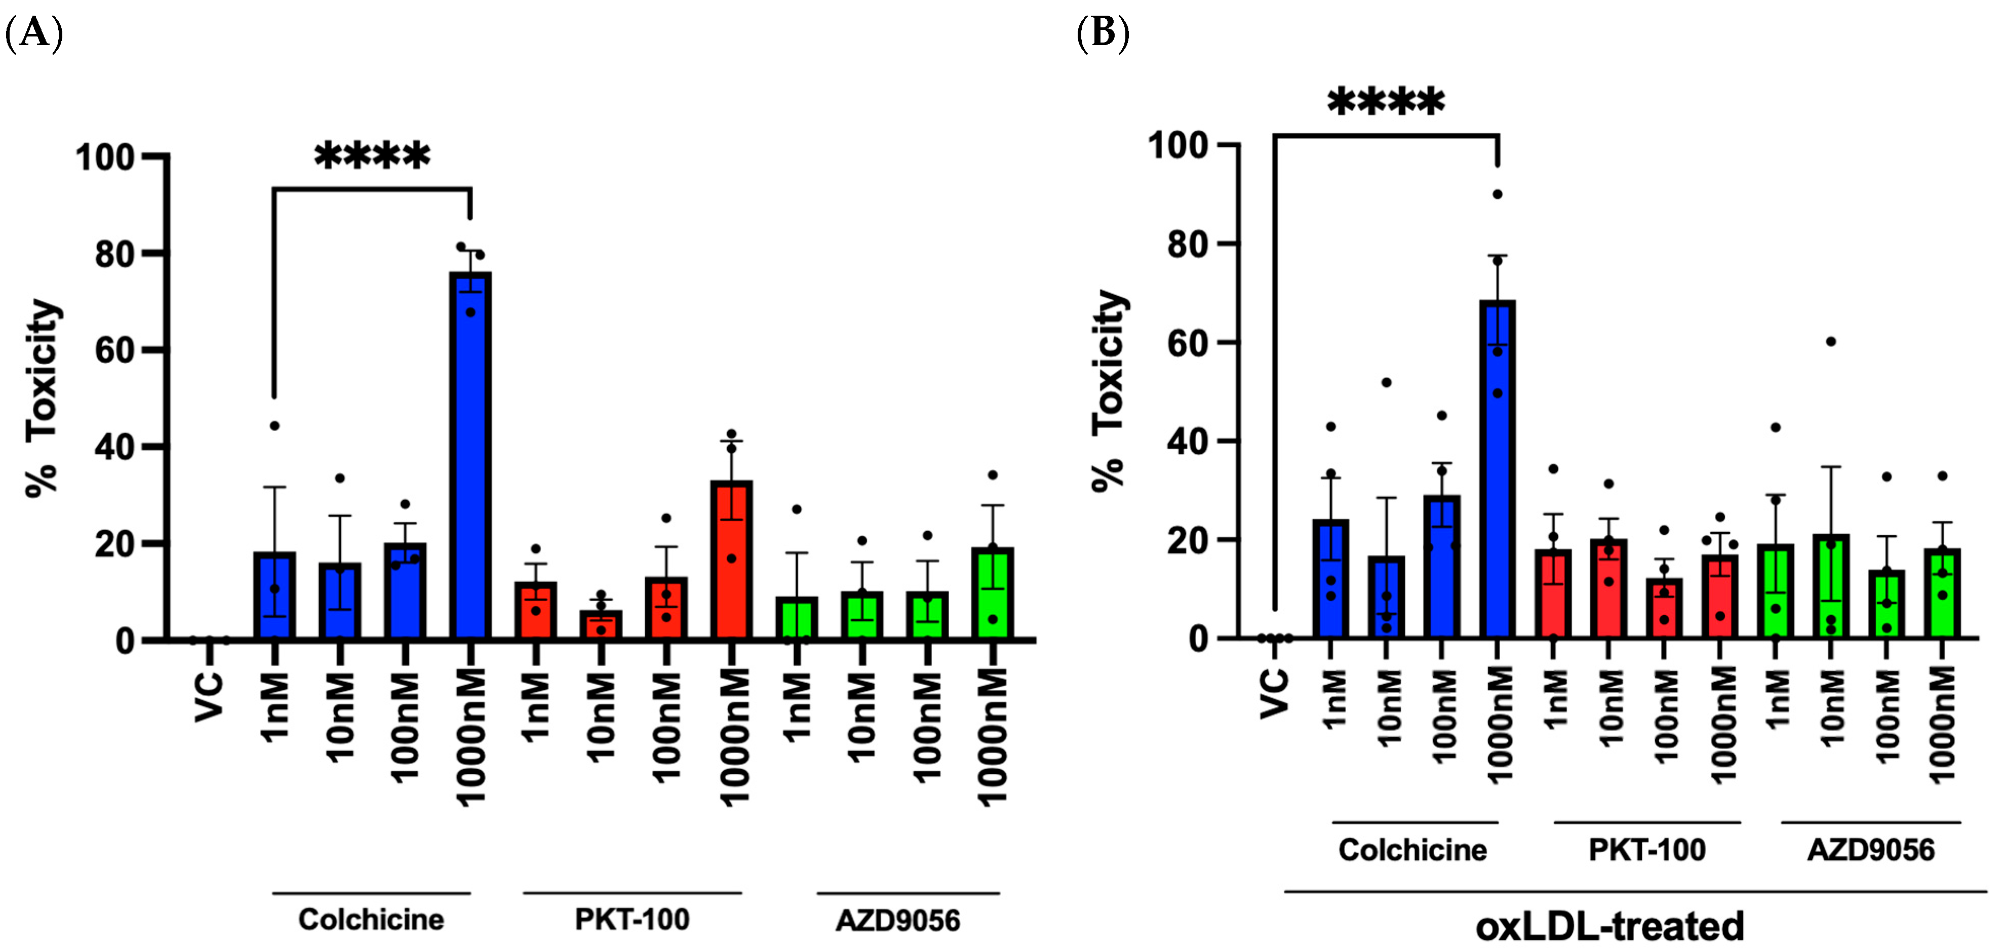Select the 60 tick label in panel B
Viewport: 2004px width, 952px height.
(1187, 343)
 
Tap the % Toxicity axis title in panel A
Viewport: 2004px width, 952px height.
(43, 396)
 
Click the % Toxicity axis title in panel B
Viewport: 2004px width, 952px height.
(1109, 389)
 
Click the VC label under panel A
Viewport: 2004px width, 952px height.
(209, 696)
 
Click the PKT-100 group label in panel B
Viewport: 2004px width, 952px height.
(1647, 850)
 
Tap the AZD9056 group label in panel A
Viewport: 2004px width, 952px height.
(898, 921)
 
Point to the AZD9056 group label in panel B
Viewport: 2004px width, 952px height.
(1870, 850)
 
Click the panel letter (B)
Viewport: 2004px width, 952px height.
(1103, 33)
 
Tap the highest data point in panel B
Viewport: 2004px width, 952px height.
(1498, 194)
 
